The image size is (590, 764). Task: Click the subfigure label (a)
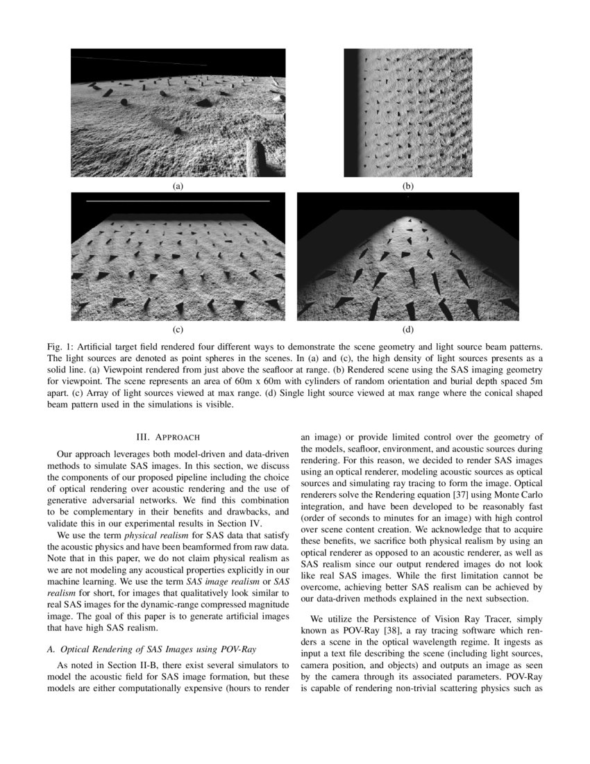pyautogui.click(x=178, y=186)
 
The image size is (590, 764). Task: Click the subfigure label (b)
pyautogui.click(x=408, y=186)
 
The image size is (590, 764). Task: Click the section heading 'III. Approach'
pyautogui.click(x=168, y=437)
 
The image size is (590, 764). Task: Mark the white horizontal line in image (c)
pyautogui.click(x=178, y=201)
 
